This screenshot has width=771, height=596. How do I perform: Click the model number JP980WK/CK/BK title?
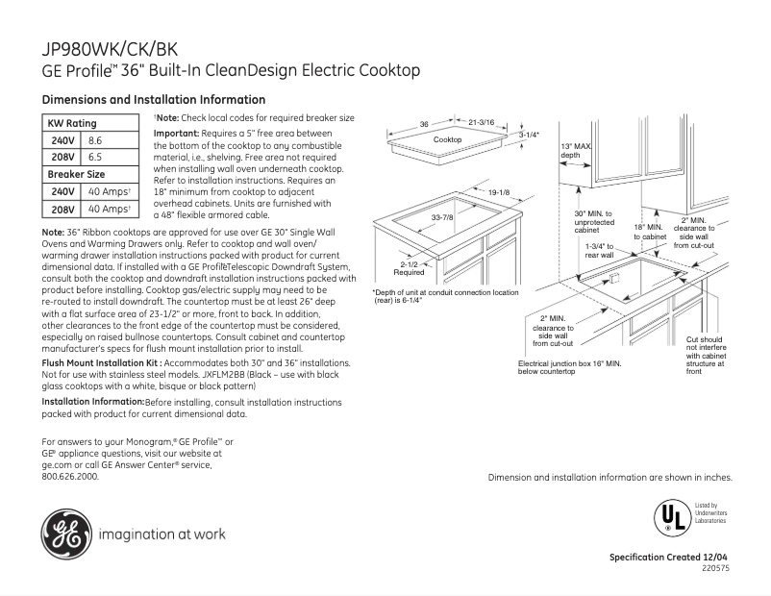(110, 49)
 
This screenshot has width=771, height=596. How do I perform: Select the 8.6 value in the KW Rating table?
(95, 140)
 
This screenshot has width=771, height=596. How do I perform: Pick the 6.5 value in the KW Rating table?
(95, 157)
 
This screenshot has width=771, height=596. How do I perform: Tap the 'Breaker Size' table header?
(76, 174)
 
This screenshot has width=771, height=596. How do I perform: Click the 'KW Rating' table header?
(72, 124)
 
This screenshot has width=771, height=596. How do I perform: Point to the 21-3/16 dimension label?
(482, 123)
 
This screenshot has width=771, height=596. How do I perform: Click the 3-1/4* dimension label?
(529, 136)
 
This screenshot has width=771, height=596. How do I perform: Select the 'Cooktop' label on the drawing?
(447, 140)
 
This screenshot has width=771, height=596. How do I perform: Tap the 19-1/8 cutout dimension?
(498, 192)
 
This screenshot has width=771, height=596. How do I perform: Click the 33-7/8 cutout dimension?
(442, 217)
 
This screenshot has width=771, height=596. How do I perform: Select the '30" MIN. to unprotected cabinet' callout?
(593, 221)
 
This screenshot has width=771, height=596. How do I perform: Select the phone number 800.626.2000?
(70, 476)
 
